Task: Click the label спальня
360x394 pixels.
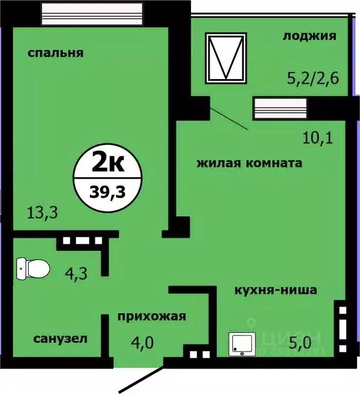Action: (x=56, y=52)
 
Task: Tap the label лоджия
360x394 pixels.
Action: (x=309, y=36)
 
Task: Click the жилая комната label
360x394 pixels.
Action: (x=249, y=163)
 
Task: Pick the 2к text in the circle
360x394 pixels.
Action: (x=107, y=164)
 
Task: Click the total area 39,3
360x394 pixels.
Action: (x=107, y=192)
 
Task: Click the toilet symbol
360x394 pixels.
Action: (x=32, y=268)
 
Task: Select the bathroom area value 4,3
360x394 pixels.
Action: (x=77, y=272)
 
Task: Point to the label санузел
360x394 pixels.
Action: (x=60, y=339)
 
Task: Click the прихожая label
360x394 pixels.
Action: (x=151, y=316)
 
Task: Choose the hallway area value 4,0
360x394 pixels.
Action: (x=141, y=342)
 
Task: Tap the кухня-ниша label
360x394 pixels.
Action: (x=275, y=290)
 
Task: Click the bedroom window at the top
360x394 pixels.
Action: (x=91, y=11)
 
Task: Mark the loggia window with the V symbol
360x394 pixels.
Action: (x=225, y=57)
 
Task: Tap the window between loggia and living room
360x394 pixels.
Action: (x=280, y=109)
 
